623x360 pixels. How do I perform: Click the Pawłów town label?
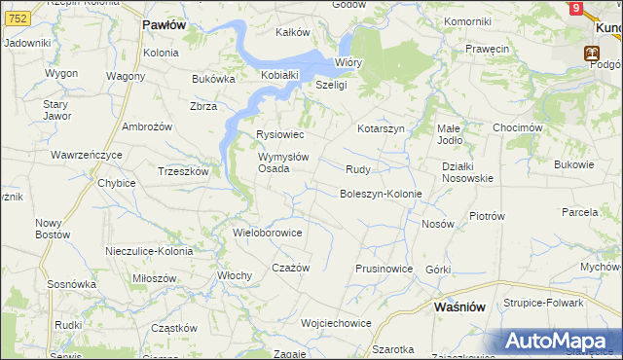[163, 24]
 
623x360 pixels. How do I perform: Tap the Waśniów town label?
[458, 306]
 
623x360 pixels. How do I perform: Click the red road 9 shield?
[576, 8]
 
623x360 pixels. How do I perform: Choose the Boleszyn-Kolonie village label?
[380, 194]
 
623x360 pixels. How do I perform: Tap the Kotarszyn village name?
[381, 128]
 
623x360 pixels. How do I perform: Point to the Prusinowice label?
[385, 269]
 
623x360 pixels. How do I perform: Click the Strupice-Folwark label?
[543, 303]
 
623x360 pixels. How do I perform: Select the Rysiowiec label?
[279, 134]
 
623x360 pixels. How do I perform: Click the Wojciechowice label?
[337, 322]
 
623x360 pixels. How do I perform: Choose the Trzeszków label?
[183, 170]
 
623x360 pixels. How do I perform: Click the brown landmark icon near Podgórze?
[590, 54]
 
